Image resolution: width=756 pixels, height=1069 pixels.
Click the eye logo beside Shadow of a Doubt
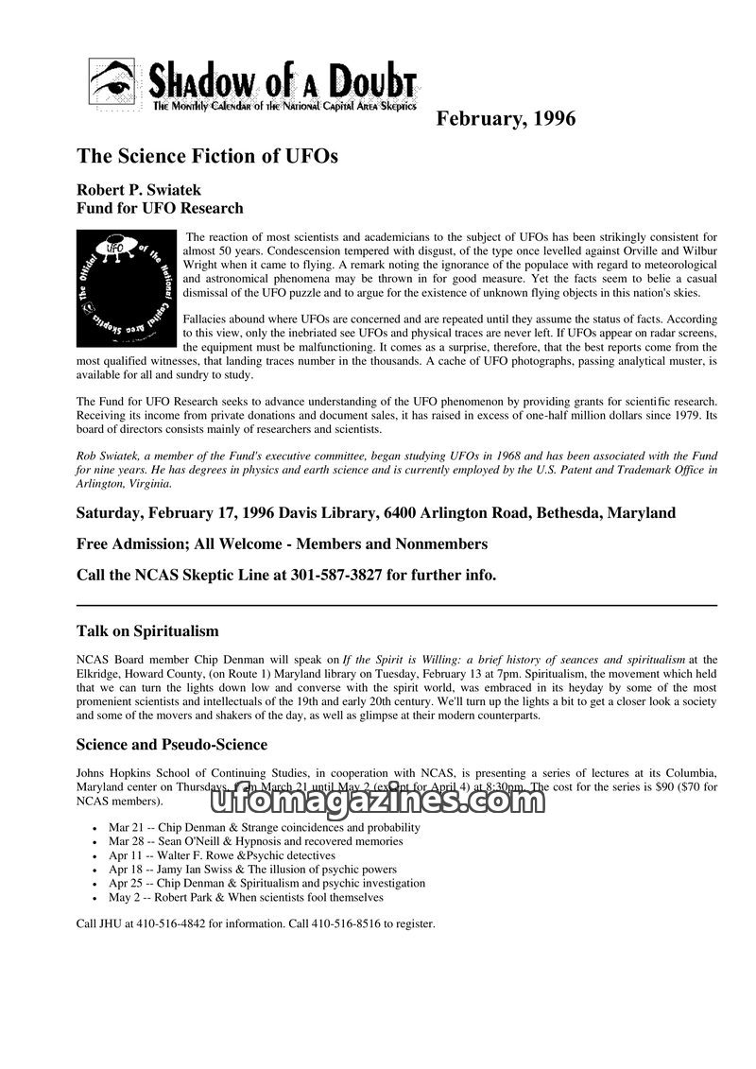(114, 85)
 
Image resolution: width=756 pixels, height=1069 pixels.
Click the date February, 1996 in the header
(505, 119)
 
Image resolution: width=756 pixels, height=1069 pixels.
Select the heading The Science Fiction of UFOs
(207, 156)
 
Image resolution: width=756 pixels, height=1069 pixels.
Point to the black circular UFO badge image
(126, 287)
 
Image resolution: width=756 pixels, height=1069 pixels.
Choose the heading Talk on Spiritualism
(147, 630)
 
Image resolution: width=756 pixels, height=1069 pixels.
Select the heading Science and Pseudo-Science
(172, 744)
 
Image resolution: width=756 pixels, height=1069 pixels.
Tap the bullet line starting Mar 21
(265, 827)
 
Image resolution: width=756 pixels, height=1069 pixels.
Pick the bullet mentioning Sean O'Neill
(255, 841)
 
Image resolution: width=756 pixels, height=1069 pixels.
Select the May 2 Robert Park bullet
(246, 897)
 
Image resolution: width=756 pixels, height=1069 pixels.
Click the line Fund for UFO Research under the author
(160, 208)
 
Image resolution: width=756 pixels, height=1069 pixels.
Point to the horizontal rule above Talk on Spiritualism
(396, 605)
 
